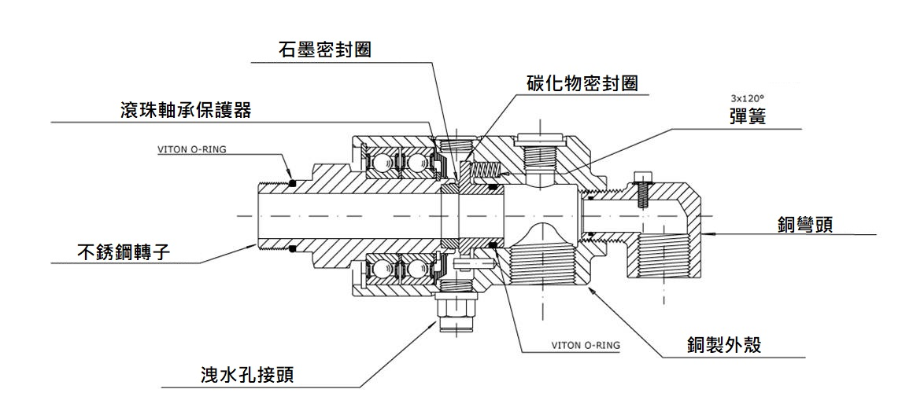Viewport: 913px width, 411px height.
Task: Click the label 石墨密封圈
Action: pos(324,50)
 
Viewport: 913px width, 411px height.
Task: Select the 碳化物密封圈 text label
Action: pos(582,83)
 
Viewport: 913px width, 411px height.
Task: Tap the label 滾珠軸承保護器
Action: pos(182,110)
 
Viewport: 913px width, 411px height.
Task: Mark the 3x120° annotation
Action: pos(747,98)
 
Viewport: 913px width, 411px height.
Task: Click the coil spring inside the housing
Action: pos(484,167)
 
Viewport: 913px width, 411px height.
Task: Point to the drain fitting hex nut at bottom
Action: pos(456,302)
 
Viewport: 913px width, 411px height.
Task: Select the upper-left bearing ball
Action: pos(379,161)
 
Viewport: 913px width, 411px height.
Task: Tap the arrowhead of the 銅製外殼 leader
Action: pos(590,290)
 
